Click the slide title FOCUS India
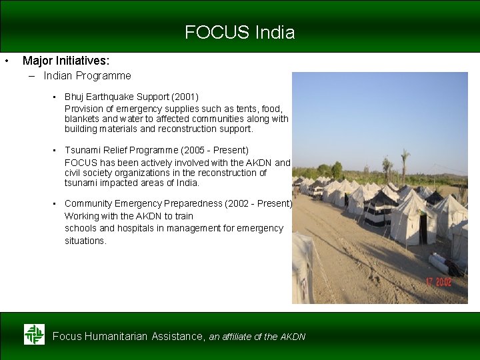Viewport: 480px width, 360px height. click(239, 32)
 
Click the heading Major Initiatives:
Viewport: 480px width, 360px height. click(66, 61)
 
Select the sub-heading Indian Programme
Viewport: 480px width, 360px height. click(87, 76)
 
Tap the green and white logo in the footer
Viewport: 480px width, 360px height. click(34, 334)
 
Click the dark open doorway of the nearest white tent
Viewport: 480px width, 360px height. click(423, 229)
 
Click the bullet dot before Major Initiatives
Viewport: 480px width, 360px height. click(6, 61)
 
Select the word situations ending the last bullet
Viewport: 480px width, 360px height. click(85, 241)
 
